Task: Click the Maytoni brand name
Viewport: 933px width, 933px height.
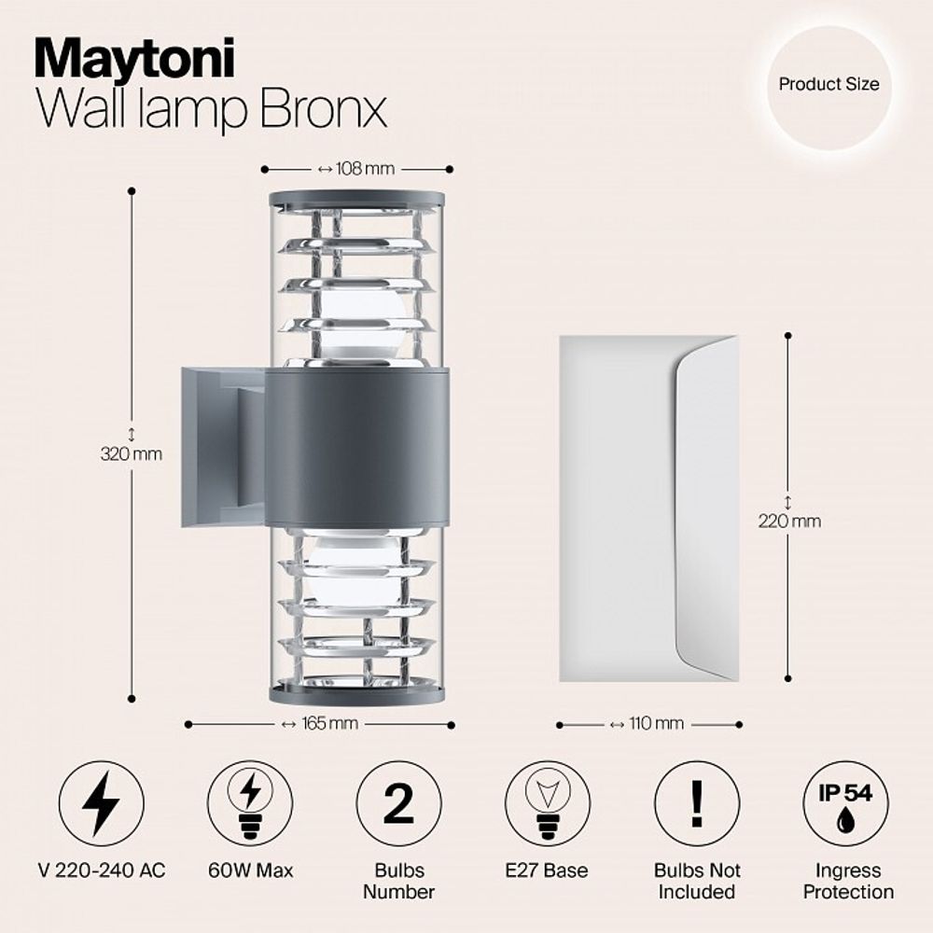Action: point(134,59)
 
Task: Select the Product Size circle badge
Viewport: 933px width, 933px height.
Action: point(829,84)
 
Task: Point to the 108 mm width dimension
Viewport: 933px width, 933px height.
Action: point(356,169)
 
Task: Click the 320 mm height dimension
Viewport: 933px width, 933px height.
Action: point(131,454)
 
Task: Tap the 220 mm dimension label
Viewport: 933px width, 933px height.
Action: point(789,521)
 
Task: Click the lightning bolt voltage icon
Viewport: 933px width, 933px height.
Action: point(101,803)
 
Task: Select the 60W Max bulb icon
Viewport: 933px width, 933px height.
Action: point(250,803)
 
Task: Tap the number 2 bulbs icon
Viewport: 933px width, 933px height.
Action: point(399,803)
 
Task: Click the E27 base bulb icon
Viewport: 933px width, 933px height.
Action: point(548,803)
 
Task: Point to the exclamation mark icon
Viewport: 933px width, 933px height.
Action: point(697,803)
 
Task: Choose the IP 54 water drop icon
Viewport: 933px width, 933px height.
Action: point(845,803)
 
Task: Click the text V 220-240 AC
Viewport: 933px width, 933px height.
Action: point(102,870)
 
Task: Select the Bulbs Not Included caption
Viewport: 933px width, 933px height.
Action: point(697,881)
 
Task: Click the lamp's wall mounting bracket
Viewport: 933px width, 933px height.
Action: point(224,446)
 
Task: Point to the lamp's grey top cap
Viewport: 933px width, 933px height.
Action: point(357,199)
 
